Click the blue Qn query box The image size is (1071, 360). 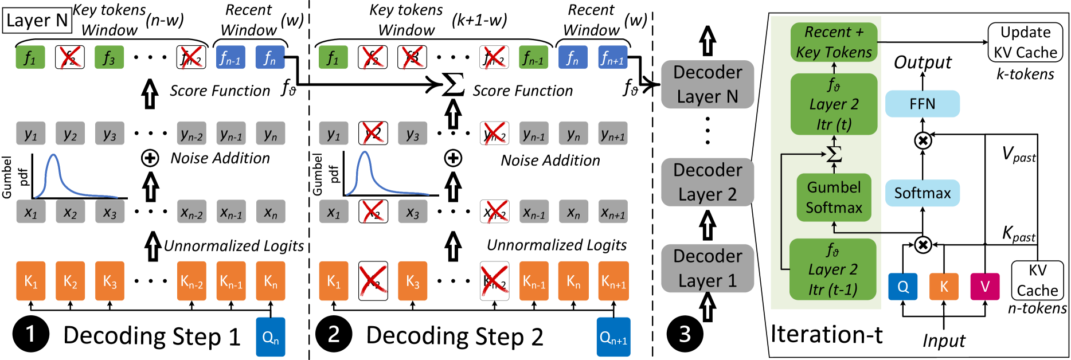point(270,337)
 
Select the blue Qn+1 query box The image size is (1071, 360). point(613,337)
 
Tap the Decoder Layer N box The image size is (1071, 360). point(708,84)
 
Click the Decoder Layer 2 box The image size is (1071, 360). point(708,182)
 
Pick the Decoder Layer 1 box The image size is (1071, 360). point(708,268)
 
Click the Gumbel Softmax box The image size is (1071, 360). point(834,197)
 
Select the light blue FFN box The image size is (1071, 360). point(922,104)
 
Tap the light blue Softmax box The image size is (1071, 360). point(922,193)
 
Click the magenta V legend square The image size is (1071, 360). point(984,287)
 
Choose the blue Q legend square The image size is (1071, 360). point(902,287)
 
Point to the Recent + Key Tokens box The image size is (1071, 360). point(834,42)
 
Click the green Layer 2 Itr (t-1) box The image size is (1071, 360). point(833,269)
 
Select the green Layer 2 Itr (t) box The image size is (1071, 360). point(834,104)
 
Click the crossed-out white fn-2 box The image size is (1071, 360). point(494,57)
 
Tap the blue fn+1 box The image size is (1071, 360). point(612,57)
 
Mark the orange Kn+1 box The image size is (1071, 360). point(613,281)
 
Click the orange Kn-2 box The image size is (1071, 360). point(191,281)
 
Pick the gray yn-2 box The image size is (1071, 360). point(191,134)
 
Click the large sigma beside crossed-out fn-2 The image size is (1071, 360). point(452,85)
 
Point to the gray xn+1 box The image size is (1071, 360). point(612,212)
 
